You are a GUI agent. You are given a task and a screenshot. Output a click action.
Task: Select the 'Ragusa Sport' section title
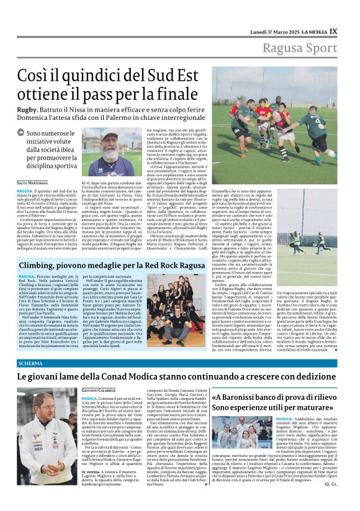pyautogui.click(x=300, y=48)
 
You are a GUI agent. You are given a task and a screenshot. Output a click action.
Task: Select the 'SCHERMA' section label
pyautogui.click(x=30, y=363)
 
